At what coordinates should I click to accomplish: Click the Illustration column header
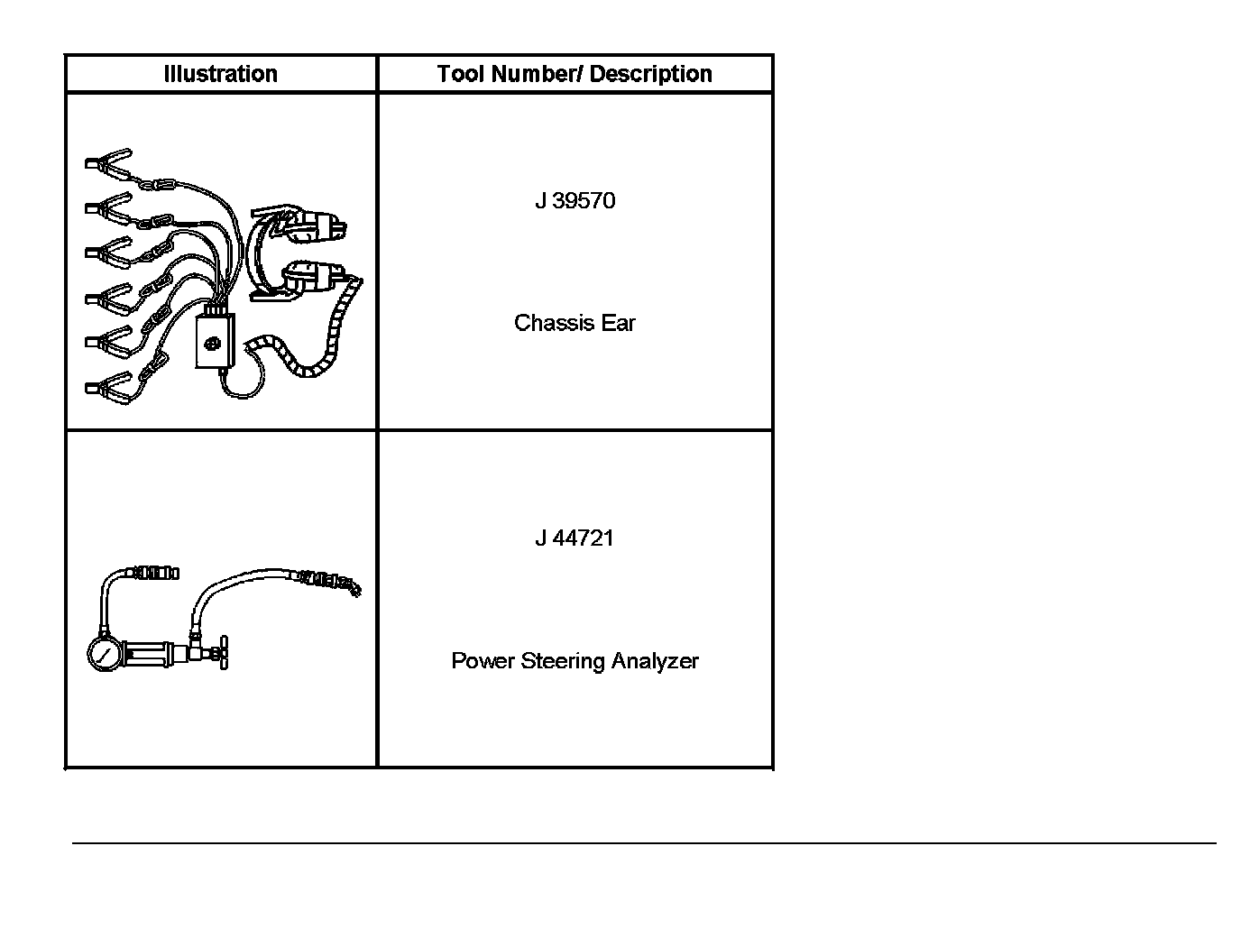pos(220,74)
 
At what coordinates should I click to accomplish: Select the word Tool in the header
pos(461,74)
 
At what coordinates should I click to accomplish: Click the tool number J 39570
pos(575,200)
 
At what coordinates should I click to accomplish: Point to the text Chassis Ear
pos(575,323)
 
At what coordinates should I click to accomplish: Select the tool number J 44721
pos(575,538)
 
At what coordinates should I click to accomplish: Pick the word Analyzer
pos(655,661)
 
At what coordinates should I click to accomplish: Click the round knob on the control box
pos(214,344)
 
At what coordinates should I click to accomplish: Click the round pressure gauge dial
pos(106,654)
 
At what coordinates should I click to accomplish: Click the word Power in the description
pos(483,661)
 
